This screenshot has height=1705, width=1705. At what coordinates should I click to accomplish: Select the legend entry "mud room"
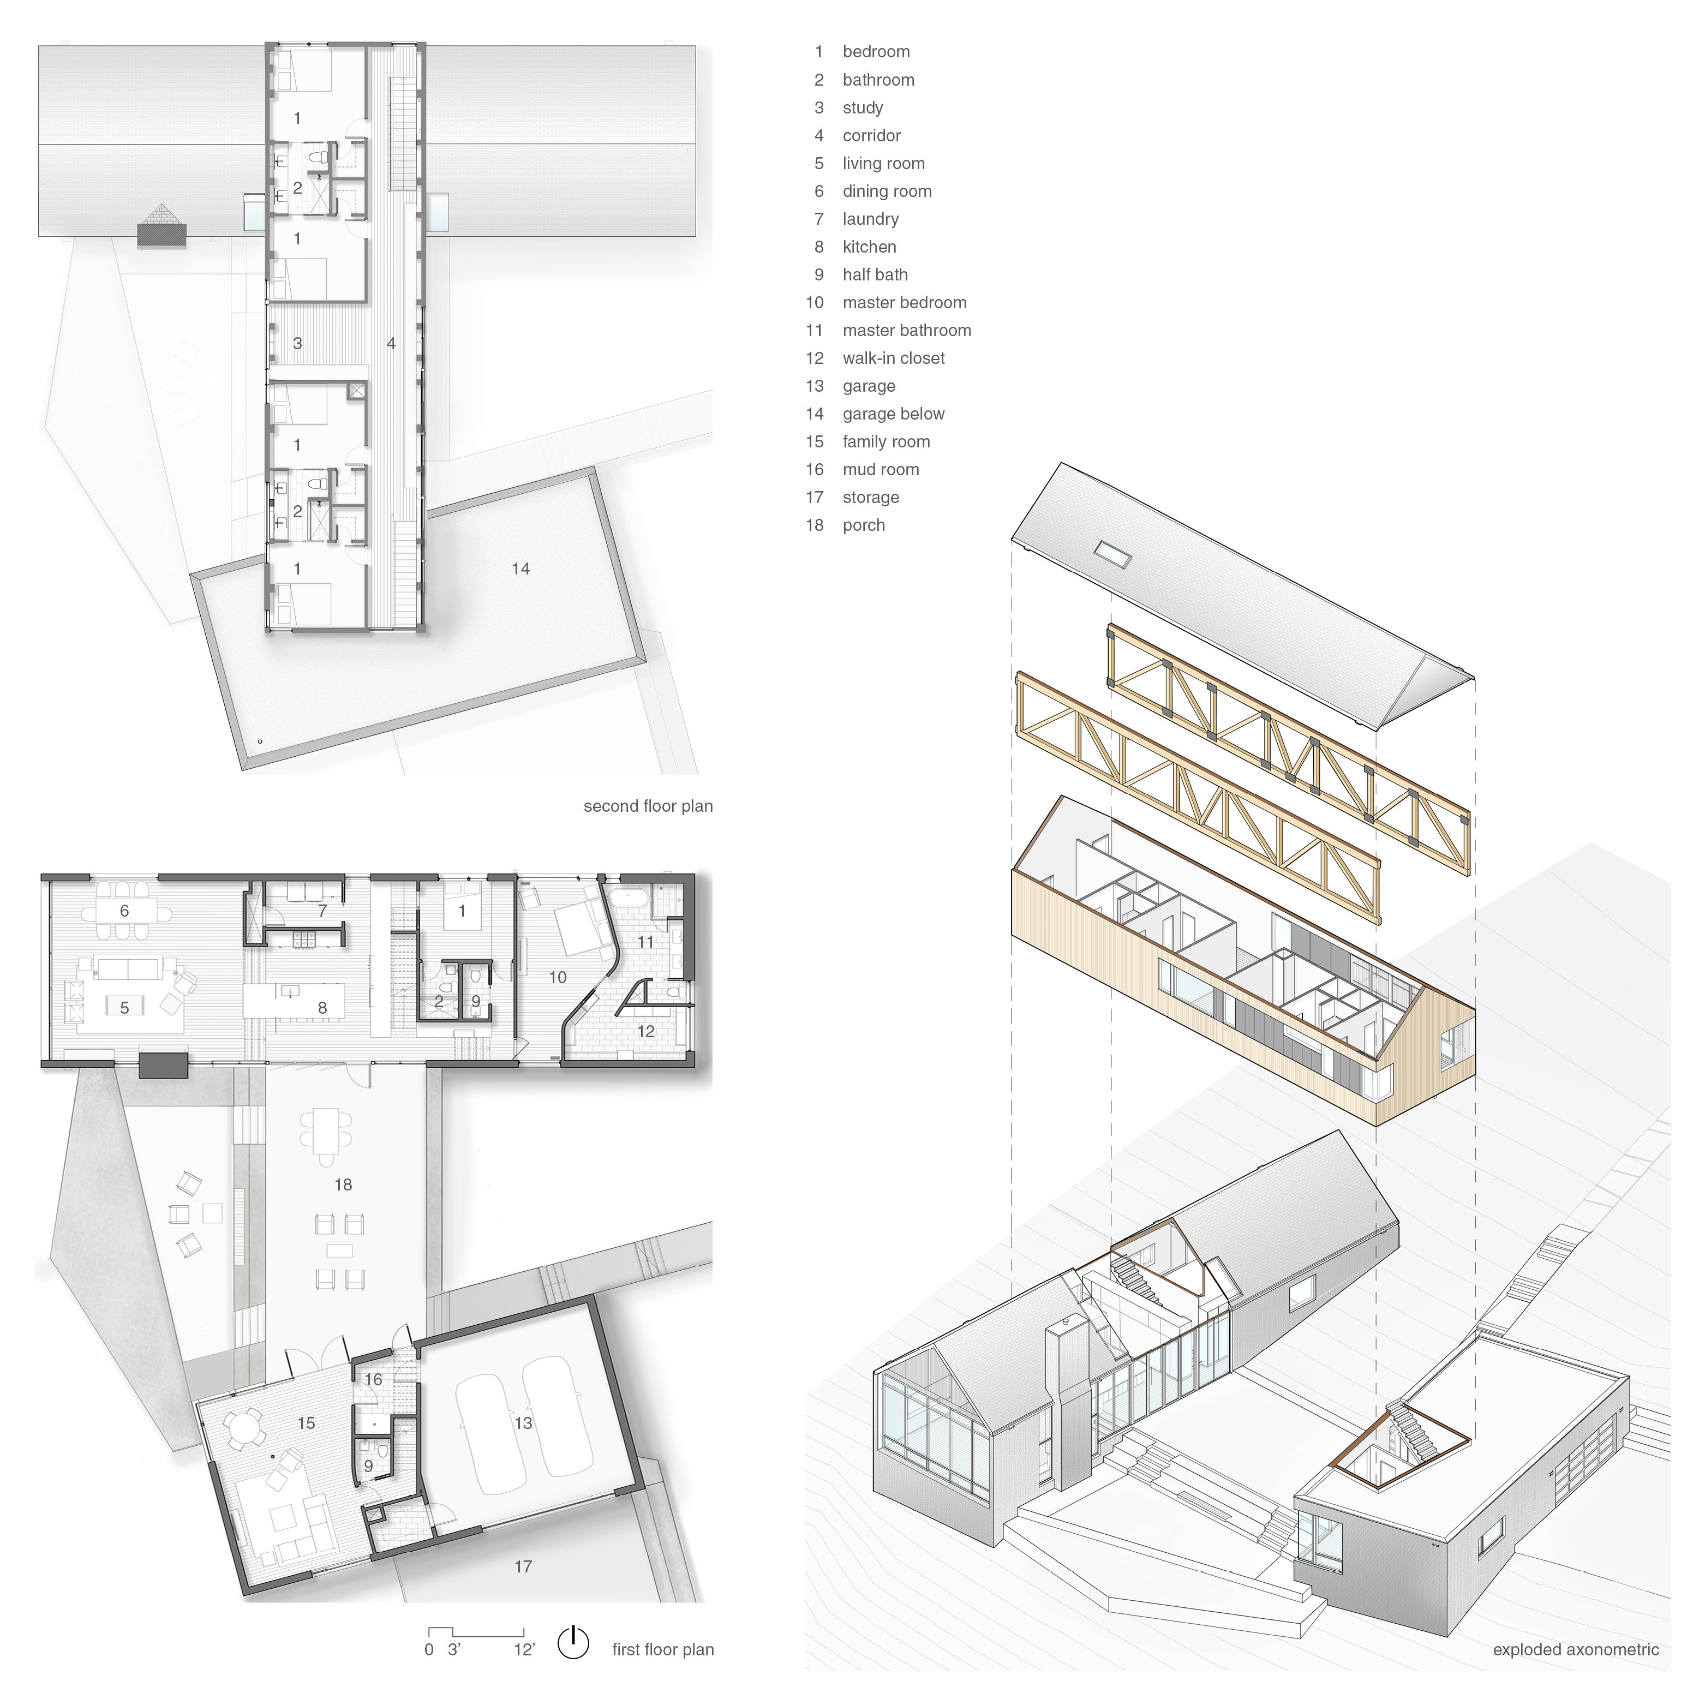[x=881, y=470]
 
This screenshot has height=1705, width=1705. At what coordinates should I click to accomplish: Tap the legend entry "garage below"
[x=893, y=414]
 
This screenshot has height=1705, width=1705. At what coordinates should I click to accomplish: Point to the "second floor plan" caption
[x=648, y=806]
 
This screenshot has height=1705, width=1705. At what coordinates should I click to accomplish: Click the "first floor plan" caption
[x=663, y=1649]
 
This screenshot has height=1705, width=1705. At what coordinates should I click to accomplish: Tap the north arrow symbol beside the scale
[x=573, y=1641]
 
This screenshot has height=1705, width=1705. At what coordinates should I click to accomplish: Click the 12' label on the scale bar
[x=524, y=1649]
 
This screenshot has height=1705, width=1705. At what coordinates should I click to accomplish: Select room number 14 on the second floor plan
[x=521, y=569]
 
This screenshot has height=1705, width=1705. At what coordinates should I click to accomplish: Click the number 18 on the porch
[x=343, y=1184]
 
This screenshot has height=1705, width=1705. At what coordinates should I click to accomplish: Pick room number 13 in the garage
[x=523, y=1422]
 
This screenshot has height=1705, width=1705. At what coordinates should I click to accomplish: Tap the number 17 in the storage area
[x=523, y=1566]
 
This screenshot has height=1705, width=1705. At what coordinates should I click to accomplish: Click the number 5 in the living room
[x=124, y=1007]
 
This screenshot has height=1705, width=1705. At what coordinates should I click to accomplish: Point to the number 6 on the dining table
[x=124, y=911]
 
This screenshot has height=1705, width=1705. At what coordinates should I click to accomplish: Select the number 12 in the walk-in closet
[x=646, y=1031]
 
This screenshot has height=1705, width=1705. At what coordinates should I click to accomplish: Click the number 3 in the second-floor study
[x=297, y=343]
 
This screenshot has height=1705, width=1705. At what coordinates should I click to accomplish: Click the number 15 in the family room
[x=306, y=1422]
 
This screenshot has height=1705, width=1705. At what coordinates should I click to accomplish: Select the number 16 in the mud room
[x=373, y=1379]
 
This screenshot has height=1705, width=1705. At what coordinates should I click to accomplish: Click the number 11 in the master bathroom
[x=646, y=942]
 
